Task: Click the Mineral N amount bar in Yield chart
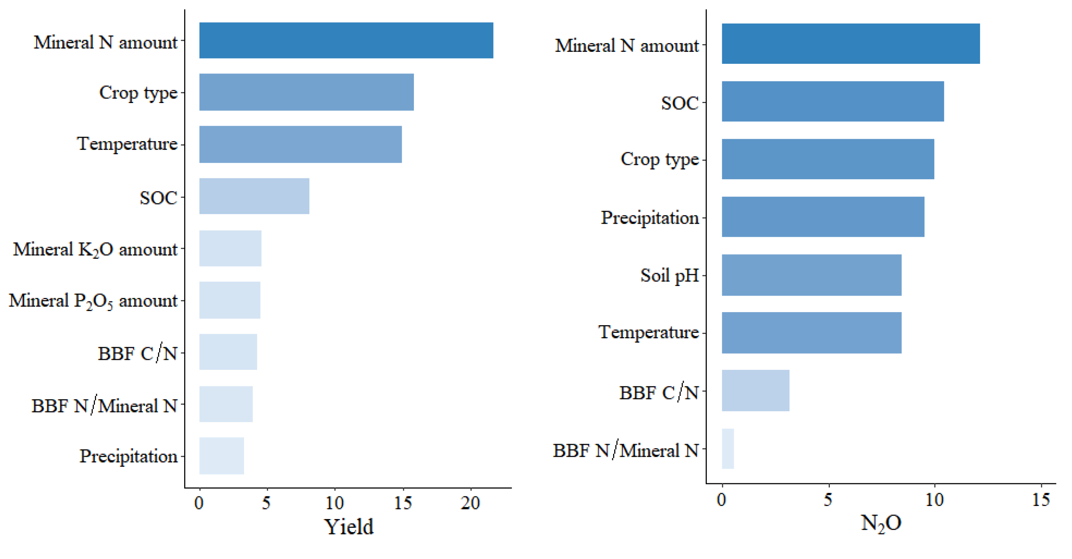click(x=346, y=40)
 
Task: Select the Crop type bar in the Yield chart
click(x=306, y=92)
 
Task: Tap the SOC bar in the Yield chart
click(x=254, y=196)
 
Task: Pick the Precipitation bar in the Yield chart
click(x=222, y=456)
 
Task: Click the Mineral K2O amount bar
click(x=230, y=248)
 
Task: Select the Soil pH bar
click(x=811, y=275)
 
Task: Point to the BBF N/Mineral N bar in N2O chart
click(x=728, y=449)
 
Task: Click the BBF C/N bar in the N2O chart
click(x=755, y=391)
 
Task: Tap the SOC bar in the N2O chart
click(x=833, y=101)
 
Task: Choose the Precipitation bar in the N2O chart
click(x=823, y=217)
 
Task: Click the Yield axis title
click(x=349, y=527)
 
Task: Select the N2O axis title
click(x=881, y=523)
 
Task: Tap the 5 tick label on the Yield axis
click(x=266, y=503)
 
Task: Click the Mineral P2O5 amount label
click(x=93, y=301)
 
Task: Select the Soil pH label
click(x=669, y=275)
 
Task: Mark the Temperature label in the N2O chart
click(x=648, y=332)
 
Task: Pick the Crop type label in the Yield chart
click(x=138, y=92)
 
